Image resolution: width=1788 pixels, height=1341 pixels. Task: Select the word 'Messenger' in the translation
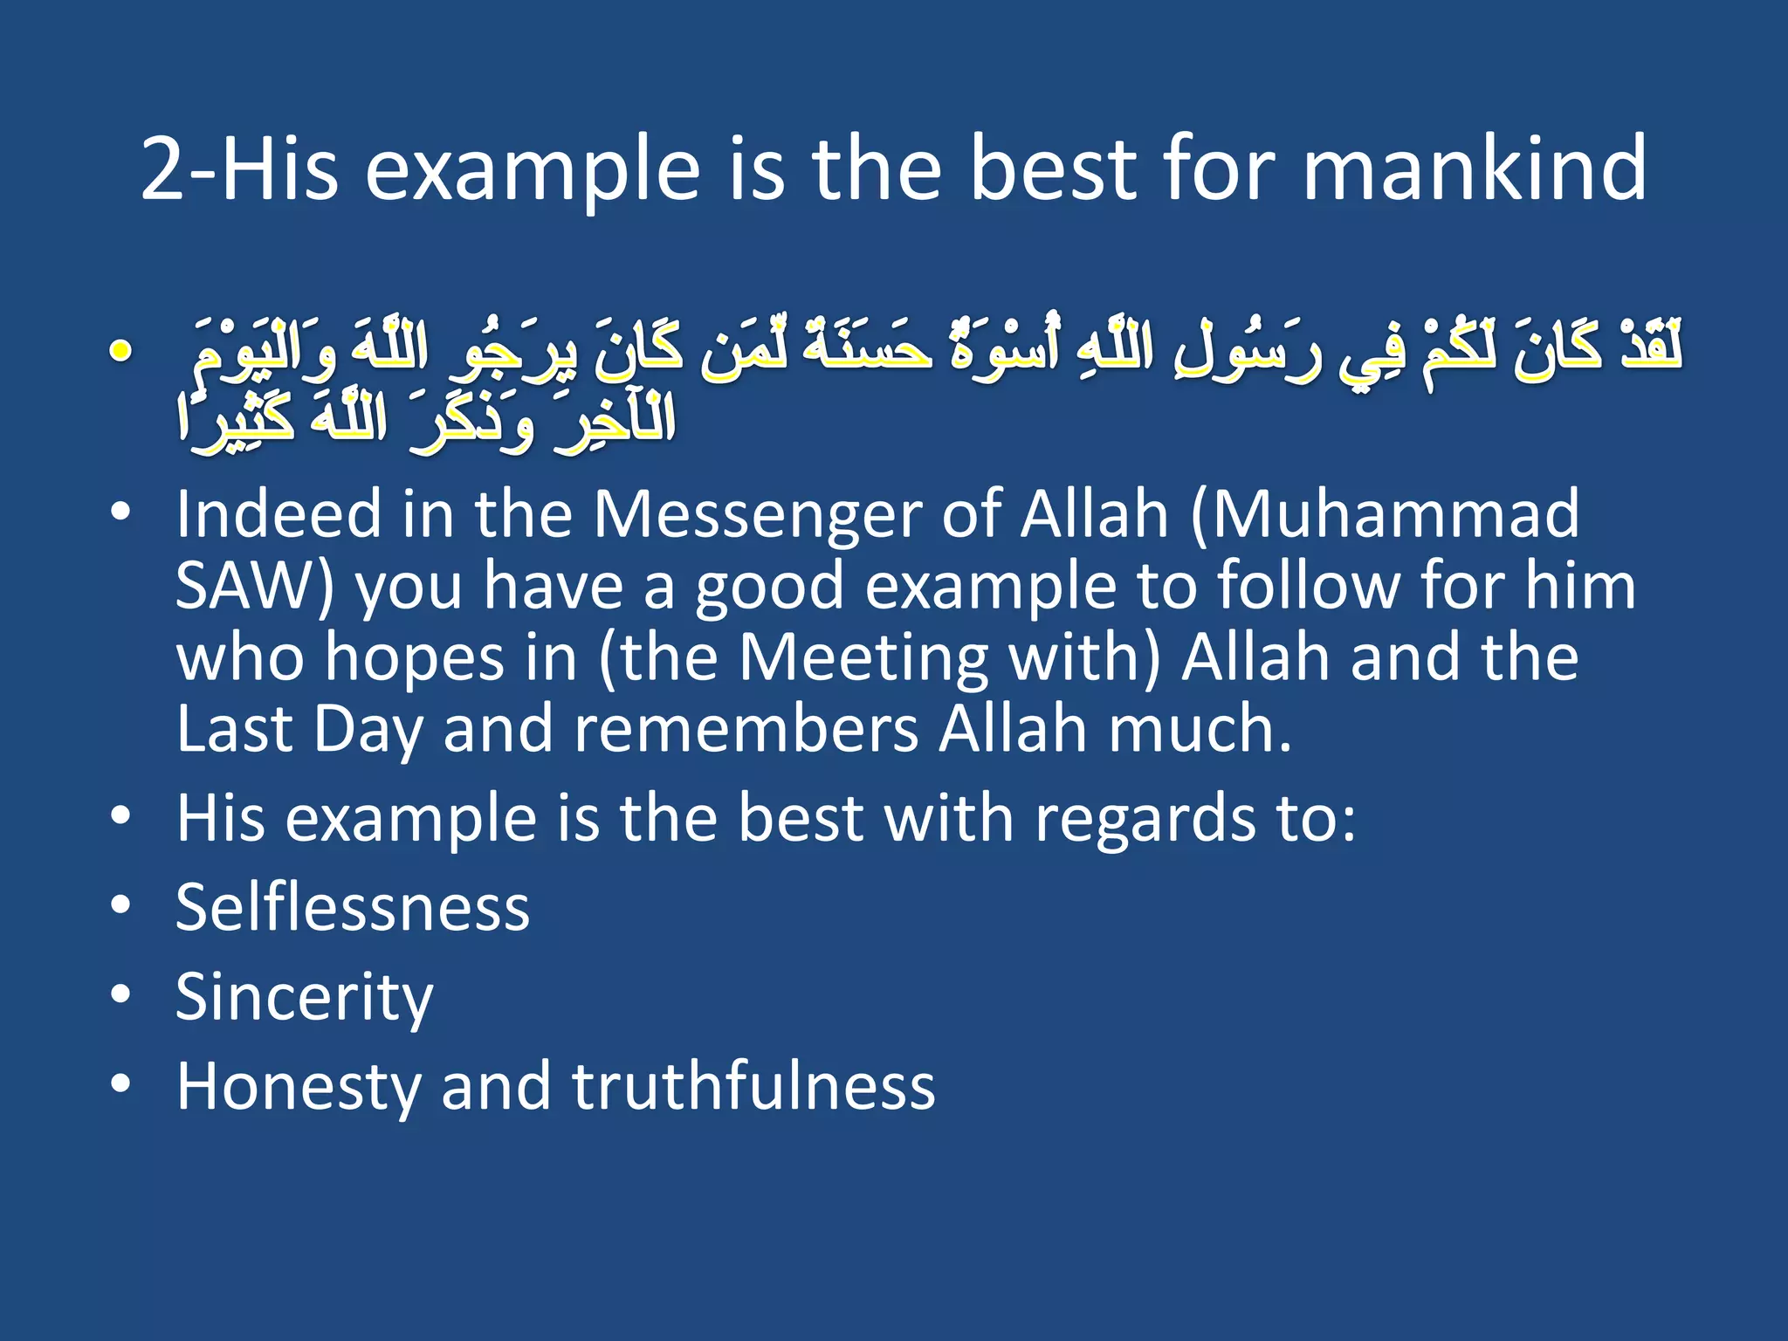757,514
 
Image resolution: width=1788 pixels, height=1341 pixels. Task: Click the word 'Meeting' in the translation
863,657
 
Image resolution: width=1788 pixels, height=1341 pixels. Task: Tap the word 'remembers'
746,729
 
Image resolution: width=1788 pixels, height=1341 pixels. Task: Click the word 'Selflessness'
353,908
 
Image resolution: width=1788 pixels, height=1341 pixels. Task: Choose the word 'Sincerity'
304,997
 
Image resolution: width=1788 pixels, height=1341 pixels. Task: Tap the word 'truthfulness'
753,1086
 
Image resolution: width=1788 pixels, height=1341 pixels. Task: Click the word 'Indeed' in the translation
279,514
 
